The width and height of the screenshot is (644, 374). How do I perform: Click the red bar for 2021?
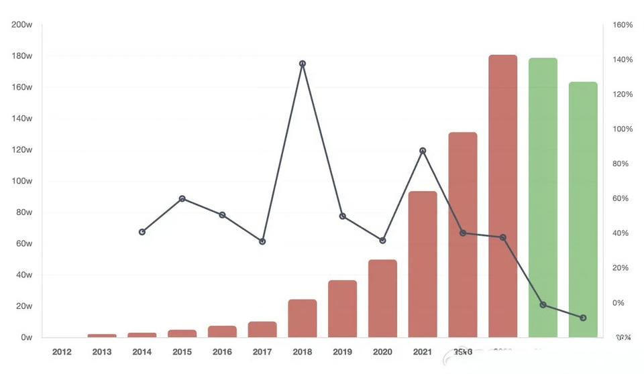[423, 264]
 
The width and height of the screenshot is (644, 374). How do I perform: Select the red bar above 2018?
[302, 318]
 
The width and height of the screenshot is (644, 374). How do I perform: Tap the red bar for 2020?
[382, 298]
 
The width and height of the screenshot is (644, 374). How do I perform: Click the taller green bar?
[543, 198]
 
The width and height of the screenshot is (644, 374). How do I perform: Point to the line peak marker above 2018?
[303, 64]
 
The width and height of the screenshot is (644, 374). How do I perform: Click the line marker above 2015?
[182, 198]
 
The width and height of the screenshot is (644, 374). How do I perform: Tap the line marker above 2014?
[142, 232]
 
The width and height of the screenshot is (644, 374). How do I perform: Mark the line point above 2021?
[423, 151]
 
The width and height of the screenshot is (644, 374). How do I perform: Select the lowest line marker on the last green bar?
[583, 318]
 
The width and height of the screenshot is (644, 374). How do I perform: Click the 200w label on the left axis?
[22, 25]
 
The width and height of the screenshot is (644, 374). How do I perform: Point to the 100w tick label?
[22, 181]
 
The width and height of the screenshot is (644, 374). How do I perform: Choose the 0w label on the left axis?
[25, 337]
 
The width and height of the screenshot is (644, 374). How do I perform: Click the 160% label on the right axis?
[623, 25]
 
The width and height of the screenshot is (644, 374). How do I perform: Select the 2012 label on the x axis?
[62, 352]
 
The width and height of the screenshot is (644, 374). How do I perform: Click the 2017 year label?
[262, 352]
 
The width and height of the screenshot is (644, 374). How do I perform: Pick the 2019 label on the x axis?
[342, 352]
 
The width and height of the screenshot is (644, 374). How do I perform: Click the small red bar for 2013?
[102, 335]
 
